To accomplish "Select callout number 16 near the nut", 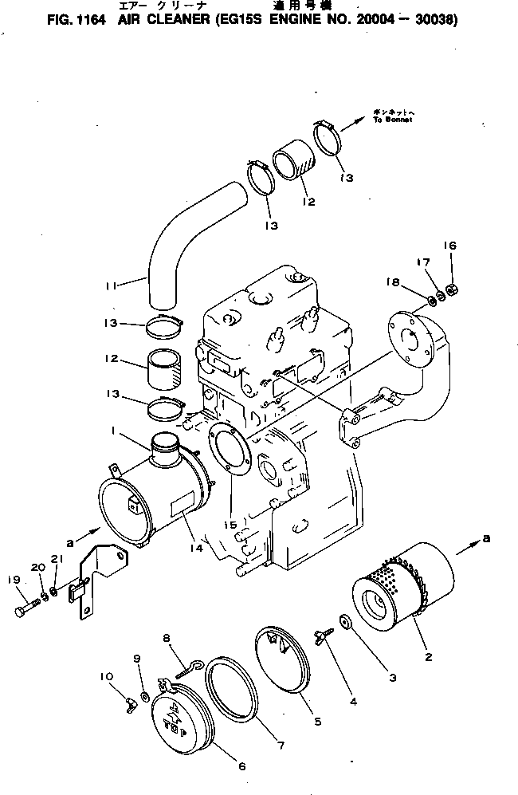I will pyautogui.click(x=450, y=246).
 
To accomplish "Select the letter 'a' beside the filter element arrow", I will pyautogui.click(x=486, y=540).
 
